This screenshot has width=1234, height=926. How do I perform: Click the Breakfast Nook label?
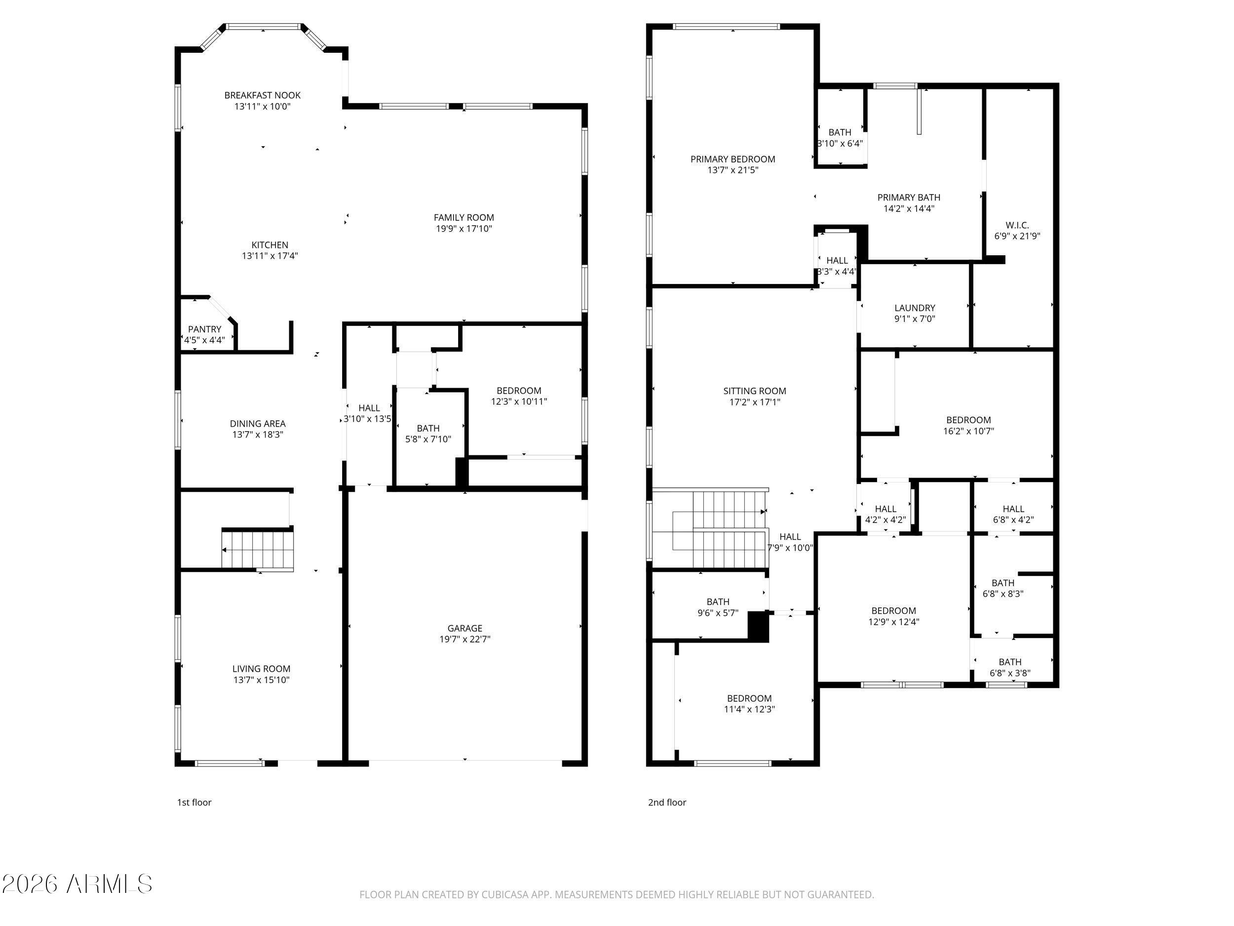(x=262, y=95)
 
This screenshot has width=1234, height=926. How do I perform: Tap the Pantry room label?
(x=204, y=329)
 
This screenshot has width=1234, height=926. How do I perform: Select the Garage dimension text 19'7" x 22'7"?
(x=464, y=640)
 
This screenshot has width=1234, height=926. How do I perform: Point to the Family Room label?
(x=463, y=218)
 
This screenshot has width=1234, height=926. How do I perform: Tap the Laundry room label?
(x=914, y=308)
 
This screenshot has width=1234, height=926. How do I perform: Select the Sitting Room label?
(x=754, y=391)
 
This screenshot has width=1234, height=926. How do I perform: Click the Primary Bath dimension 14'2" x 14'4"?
(x=909, y=209)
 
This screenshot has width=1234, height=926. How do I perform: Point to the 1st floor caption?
(x=194, y=802)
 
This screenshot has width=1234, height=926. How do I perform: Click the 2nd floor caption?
(x=667, y=802)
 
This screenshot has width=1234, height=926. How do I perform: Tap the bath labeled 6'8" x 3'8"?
(x=1010, y=668)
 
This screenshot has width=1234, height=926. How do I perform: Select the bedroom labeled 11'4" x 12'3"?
(x=749, y=704)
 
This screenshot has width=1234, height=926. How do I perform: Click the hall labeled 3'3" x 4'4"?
(x=837, y=266)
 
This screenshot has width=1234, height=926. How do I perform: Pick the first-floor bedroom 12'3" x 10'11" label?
(x=519, y=396)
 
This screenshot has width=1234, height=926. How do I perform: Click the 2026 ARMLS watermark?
(x=77, y=884)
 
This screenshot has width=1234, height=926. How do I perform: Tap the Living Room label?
(x=261, y=669)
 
